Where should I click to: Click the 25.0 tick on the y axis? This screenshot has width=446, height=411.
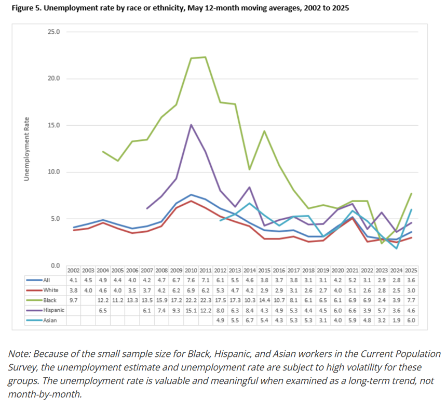point(54,32)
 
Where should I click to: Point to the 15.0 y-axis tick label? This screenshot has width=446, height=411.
point(54,125)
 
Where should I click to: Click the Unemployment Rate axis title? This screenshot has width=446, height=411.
point(25,149)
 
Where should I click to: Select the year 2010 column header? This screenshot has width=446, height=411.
point(191,270)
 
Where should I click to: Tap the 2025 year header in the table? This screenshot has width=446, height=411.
point(411,270)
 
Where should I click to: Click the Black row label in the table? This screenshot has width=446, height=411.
point(51,300)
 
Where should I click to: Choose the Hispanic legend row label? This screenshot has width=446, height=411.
point(55,310)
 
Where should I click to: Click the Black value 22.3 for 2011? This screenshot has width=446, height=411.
point(205,300)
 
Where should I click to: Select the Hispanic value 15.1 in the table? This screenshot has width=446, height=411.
point(191,310)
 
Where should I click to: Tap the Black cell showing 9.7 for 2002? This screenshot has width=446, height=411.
point(73,300)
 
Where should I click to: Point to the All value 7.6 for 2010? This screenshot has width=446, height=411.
point(191,280)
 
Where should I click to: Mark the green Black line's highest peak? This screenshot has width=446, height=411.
point(206,57)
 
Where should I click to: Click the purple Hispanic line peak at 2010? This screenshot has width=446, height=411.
point(191,125)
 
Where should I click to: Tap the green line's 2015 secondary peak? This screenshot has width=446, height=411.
point(264,131)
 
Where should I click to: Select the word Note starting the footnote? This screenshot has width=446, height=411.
point(19,354)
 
